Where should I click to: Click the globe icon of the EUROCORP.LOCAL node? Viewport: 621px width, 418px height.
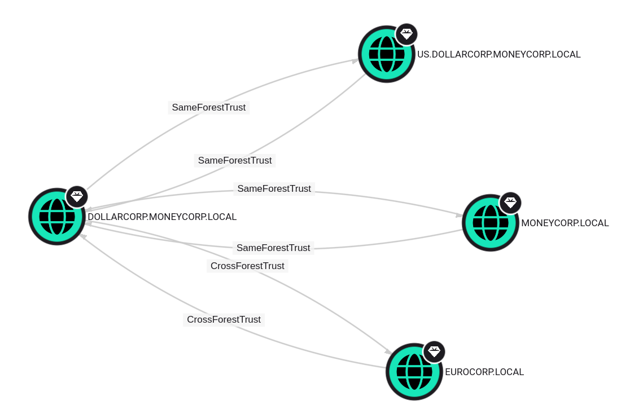[x=414, y=372]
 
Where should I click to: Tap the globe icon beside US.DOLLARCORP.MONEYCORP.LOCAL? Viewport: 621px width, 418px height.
[x=387, y=54]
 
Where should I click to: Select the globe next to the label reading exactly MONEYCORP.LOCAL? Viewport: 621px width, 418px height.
[x=491, y=223]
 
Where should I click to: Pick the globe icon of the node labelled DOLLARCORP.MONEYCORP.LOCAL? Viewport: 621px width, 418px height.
[x=57, y=217]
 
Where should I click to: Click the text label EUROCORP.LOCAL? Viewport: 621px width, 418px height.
[x=484, y=372]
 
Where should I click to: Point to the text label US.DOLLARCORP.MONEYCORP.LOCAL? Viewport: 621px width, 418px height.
[x=498, y=55]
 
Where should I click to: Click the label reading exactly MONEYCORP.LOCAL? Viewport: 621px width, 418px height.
[x=565, y=223]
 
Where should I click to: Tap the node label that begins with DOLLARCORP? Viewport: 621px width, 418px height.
[x=162, y=217]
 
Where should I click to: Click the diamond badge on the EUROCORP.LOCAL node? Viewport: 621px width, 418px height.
[x=434, y=352]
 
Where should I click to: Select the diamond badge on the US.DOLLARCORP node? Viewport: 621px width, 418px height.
[x=406, y=34]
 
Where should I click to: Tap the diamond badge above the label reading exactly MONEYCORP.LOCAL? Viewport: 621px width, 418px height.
[x=510, y=203]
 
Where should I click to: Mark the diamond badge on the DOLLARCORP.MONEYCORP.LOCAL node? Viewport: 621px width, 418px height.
[x=77, y=196]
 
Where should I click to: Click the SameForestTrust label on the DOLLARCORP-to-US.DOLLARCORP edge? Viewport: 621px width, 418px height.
[x=209, y=108]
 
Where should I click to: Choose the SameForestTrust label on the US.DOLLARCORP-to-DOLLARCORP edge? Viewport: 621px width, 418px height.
[x=235, y=161]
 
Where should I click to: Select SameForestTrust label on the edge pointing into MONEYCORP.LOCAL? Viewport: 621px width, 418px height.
[x=274, y=189]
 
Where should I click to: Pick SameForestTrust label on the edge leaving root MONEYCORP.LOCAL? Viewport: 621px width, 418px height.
[x=273, y=248]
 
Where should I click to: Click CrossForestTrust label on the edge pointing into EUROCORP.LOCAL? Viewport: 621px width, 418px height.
[x=247, y=266]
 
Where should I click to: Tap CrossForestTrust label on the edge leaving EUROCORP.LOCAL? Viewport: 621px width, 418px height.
[x=224, y=320]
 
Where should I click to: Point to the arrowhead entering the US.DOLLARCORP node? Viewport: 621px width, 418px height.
[x=355, y=60]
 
